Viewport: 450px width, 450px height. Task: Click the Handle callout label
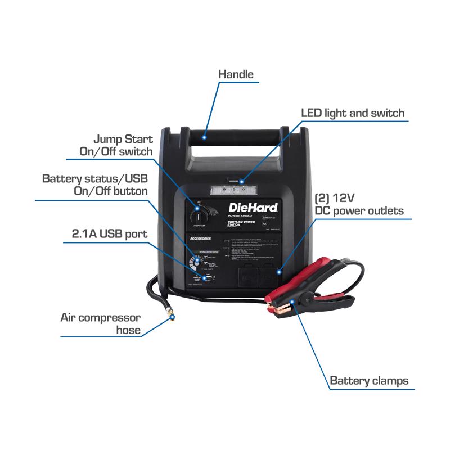coord(236,74)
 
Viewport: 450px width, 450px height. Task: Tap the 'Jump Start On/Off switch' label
coord(115,145)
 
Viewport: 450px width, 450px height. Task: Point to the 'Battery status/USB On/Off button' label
coord(95,184)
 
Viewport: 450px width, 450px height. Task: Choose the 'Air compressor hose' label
coord(100,324)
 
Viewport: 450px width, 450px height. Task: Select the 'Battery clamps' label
coord(369,381)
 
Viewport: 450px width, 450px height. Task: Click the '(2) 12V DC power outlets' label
coord(358,205)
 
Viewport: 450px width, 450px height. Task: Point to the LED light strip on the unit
coord(227,190)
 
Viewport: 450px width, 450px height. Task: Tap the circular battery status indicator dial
coord(197,263)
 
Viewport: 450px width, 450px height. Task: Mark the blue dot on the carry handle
coord(206,136)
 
